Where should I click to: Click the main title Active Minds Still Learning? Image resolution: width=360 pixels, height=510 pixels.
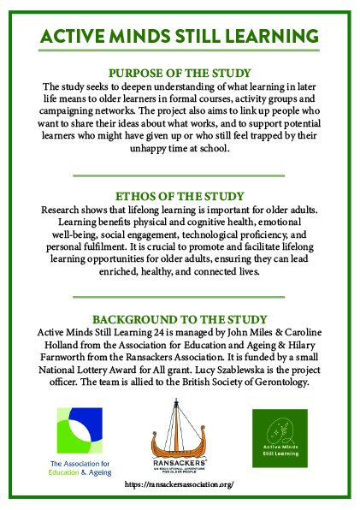point(180,37)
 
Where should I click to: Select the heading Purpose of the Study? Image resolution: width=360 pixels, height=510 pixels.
point(180,73)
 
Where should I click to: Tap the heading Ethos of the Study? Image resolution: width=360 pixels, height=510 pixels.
point(180,194)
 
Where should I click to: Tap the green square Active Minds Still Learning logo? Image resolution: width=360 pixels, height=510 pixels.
point(279,437)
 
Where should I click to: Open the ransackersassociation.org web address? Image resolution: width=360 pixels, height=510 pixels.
point(179,484)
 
